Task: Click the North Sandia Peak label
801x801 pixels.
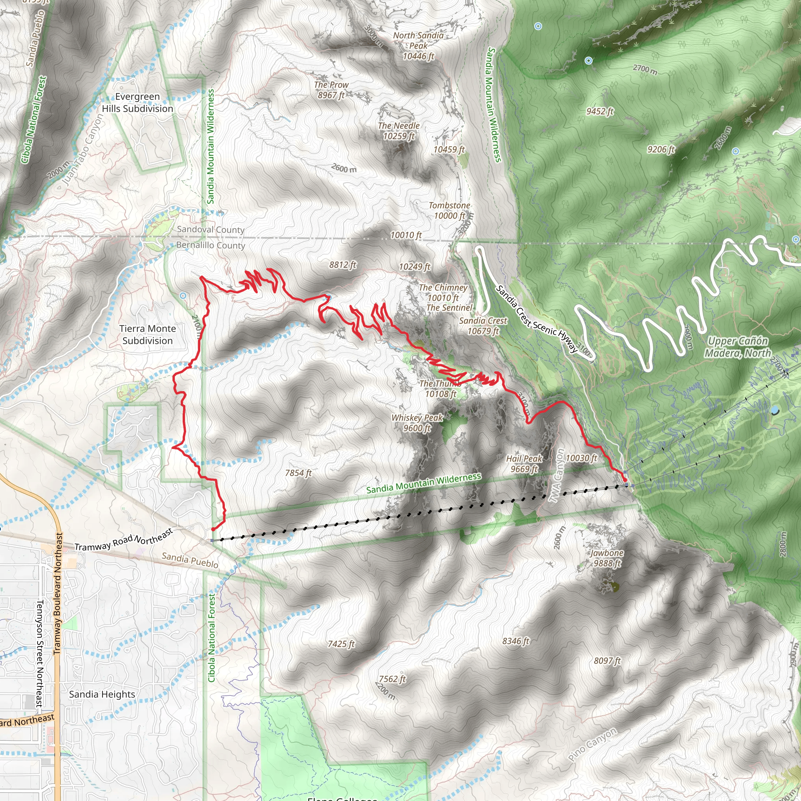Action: pos(418,46)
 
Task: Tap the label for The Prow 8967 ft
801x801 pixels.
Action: pos(331,90)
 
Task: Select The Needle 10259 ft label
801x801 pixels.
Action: pos(399,131)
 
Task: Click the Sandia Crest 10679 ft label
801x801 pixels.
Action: pos(483,326)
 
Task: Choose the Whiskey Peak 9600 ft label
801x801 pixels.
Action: pos(417,423)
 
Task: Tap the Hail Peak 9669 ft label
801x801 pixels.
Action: pos(524,463)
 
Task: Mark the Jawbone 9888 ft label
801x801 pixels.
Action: pos(607,558)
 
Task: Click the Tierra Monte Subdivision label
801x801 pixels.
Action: pos(147,334)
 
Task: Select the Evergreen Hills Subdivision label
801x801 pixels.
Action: pos(138,102)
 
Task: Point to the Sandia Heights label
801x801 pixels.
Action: pos(102,695)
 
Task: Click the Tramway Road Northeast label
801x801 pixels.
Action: pos(124,541)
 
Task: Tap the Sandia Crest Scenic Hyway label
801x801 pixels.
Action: pos(537,319)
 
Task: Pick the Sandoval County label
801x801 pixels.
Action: pos(211,229)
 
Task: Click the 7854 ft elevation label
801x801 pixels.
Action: pos(298,473)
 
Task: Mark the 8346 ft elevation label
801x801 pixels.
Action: pos(516,641)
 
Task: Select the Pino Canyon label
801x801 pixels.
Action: pos(593,744)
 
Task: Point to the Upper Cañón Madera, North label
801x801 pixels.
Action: pos(738,347)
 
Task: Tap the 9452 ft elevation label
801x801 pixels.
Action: pos(600,111)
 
